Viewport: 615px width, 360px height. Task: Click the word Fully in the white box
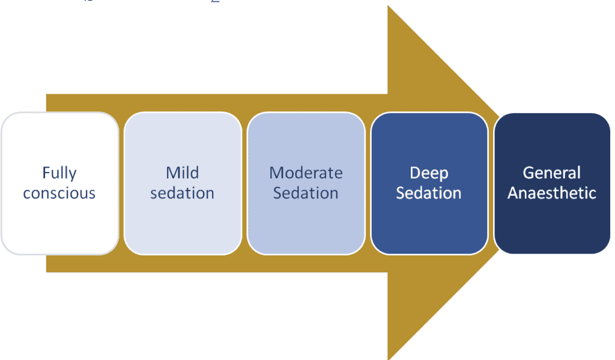(59, 173)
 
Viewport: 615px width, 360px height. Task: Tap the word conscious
(59, 194)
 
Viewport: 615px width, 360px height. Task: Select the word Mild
(183, 173)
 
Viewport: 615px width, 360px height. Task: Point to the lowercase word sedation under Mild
(183, 194)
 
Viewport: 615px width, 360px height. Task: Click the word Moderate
(306, 173)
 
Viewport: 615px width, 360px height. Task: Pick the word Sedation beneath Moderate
(306, 194)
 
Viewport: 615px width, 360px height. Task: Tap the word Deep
(429, 173)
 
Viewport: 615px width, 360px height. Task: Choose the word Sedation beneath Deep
(429, 194)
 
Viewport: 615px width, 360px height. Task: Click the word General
(551, 173)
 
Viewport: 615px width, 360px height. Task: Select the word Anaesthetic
(551, 194)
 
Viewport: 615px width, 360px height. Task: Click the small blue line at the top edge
(216, 2)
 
